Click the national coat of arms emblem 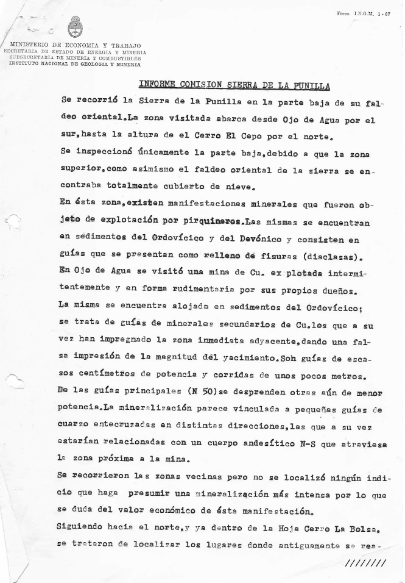[x=76, y=27]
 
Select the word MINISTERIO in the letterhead [x=31, y=46]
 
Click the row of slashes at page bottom [x=365, y=563]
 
